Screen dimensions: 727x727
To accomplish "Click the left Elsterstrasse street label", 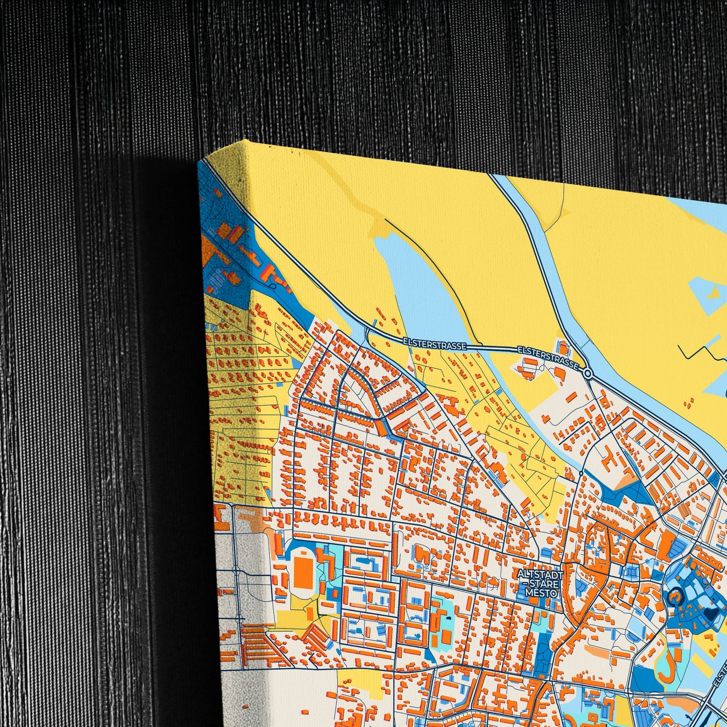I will (x=435, y=344).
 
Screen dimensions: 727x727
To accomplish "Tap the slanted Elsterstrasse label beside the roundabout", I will (x=547, y=356).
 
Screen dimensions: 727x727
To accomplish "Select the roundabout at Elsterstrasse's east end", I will (x=588, y=373).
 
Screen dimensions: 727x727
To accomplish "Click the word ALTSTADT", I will (x=541, y=574).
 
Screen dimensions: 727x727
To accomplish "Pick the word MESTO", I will (x=541, y=593).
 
